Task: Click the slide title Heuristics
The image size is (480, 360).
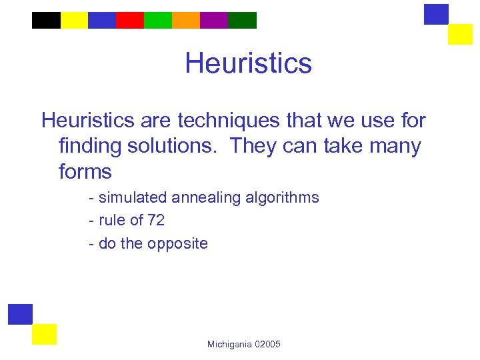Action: tap(248, 63)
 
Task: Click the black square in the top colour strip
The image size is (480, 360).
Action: tap(46, 20)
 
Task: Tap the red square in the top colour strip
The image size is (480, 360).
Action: tap(129, 20)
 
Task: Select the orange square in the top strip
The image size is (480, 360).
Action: tap(185, 20)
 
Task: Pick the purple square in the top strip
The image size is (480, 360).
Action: tap(213, 20)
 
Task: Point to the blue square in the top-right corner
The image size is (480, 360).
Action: tap(436, 14)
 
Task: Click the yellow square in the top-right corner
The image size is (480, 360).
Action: tap(460, 34)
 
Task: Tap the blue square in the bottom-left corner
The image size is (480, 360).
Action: tap(20, 314)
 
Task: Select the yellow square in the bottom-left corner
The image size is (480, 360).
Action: tap(44, 334)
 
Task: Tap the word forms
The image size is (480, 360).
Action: tap(85, 171)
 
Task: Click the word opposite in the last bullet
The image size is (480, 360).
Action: tap(176, 244)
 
